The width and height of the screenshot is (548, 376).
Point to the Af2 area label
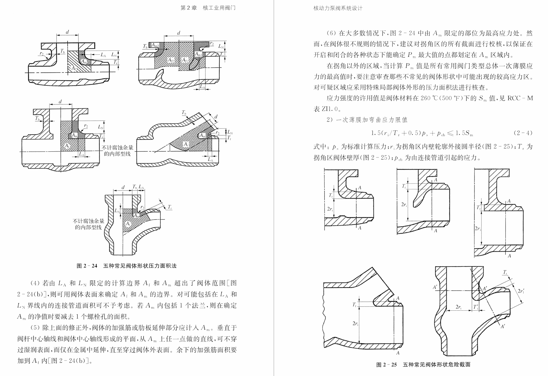click(x=171, y=60)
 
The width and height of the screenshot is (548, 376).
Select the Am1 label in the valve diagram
click(x=199, y=54)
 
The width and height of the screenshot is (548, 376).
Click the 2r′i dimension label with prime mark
click(x=521, y=291)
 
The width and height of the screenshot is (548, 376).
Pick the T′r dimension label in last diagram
click(x=476, y=307)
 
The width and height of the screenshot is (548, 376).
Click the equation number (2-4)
click(x=523, y=133)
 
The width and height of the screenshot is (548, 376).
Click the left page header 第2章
click(x=188, y=8)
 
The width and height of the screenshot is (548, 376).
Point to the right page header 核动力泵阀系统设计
click(x=338, y=8)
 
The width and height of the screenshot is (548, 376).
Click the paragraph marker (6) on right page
click(x=331, y=33)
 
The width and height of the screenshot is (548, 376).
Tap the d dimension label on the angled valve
click(x=216, y=117)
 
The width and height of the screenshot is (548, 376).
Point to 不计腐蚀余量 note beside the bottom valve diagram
click(x=88, y=221)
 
